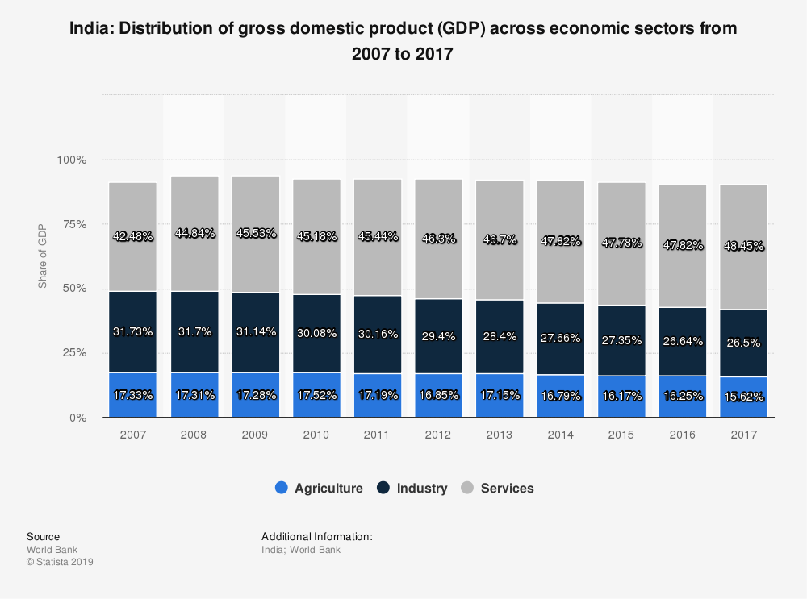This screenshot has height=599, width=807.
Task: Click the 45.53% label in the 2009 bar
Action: [x=255, y=233]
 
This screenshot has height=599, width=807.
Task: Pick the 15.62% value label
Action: [x=743, y=397]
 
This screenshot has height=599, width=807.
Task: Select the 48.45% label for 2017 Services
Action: [x=743, y=245]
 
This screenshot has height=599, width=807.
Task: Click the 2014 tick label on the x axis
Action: [x=560, y=435]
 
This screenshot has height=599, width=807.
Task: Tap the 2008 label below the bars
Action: [x=194, y=435]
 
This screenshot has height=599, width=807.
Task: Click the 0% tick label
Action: [x=78, y=418]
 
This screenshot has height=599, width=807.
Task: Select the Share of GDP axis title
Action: [x=43, y=256]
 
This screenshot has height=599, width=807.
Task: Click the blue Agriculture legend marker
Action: [x=282, y=488]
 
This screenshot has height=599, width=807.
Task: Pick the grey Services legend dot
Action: [x=467, y=488]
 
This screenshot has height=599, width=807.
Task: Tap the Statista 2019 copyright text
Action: [x=60, y=562]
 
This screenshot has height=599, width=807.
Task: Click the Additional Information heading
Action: [x=316, y=536]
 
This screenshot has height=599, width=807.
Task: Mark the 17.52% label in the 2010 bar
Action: [x=316, y=396]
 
